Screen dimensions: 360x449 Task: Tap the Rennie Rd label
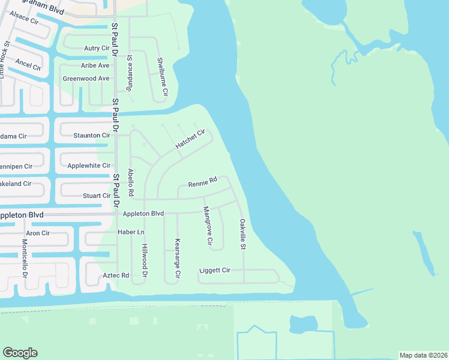pyautogui.click(x=202, y=184)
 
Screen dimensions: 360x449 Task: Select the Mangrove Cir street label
pyautogui.click(x=207, y=226)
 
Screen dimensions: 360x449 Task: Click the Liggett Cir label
pyautogui.click(x=214, y=271)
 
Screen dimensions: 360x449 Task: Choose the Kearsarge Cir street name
pyautogui.click(x=177, y=257)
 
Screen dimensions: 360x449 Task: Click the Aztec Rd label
pyautogui.click(x=116, y=275)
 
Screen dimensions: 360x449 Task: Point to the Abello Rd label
pyautogui.click(x=130, y=182)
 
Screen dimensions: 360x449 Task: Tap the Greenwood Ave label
pyautogui.click(x=86, y=79)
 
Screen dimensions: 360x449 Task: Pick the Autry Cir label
pyautogui.click(x=96, y=48)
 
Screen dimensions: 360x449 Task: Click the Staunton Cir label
pyautogui.click(x=91, y=136)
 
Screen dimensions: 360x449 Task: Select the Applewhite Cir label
pyautogui.click(x=89, y=166)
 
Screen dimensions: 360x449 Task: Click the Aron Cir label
pyautogui.click(x=37, y=233)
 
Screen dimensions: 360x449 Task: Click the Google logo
pyautogui.click(x=20, y=353)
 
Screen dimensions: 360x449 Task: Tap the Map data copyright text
pyautogui.click(x=423, y=355)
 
